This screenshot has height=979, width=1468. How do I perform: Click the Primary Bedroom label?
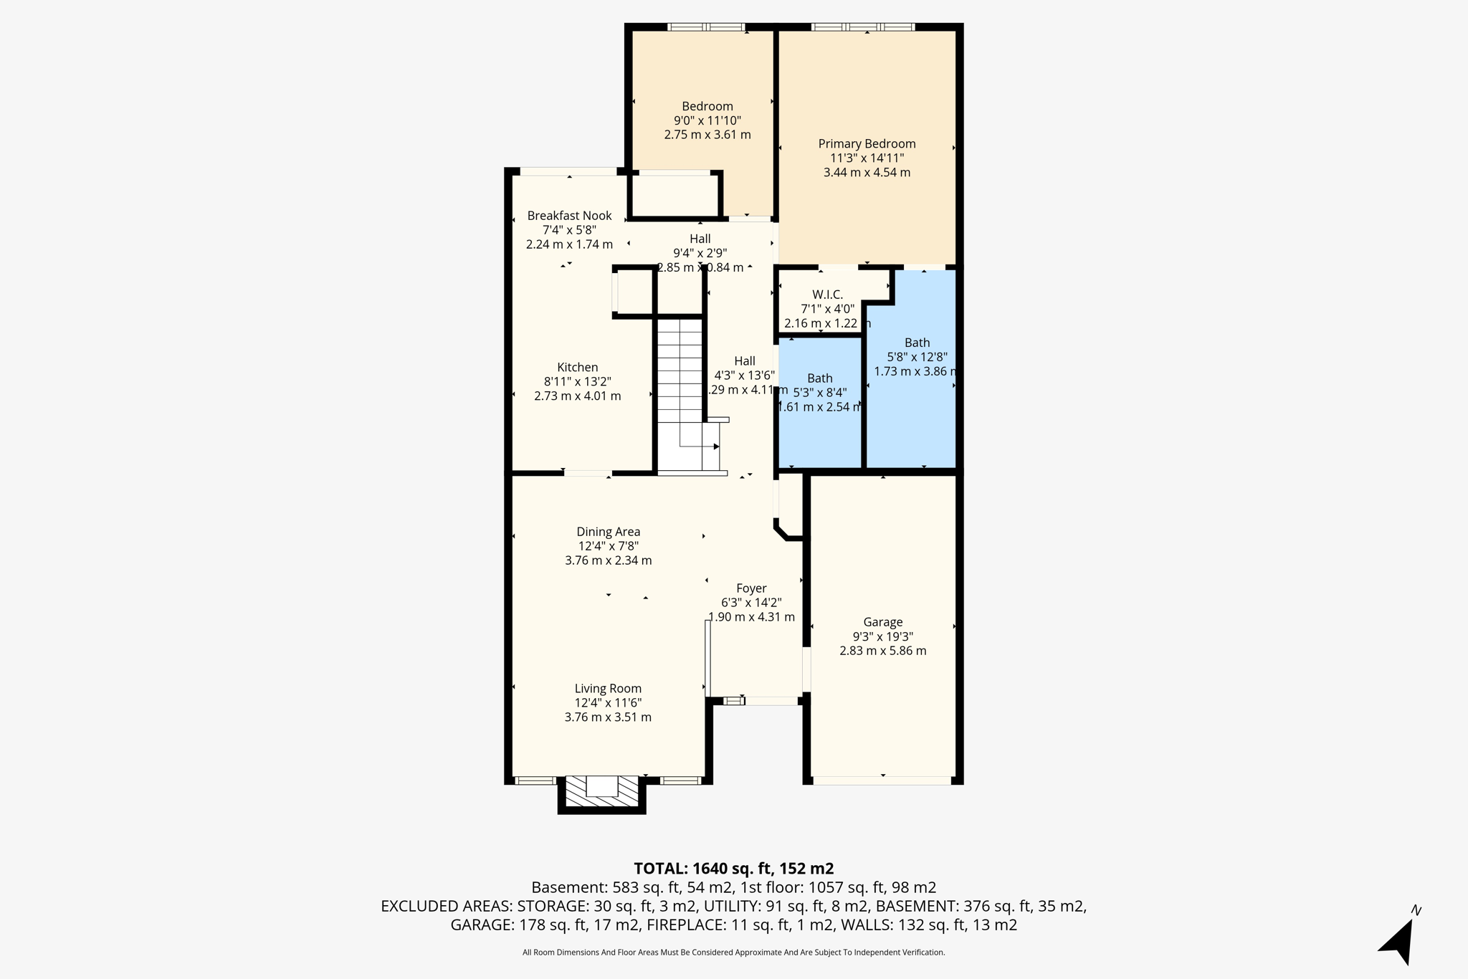867,144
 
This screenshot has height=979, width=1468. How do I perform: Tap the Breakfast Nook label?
569,216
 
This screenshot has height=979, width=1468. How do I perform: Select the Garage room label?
882,622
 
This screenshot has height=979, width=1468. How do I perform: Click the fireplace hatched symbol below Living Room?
602,793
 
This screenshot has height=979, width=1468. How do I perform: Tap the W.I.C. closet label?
827,295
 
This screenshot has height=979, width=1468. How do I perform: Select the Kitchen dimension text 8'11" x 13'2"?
577,382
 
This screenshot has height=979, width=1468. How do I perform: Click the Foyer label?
751,588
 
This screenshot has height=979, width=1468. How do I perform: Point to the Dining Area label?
608,532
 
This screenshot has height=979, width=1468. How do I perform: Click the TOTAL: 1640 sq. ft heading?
733,869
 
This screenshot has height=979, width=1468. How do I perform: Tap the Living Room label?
608,689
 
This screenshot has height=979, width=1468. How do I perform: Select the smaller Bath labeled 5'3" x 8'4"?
819,378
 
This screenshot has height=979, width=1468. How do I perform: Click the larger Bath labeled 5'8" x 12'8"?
917,343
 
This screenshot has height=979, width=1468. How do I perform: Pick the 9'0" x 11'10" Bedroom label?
707,107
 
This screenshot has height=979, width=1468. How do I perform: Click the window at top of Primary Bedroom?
863,27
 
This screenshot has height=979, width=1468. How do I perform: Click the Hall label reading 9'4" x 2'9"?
700,239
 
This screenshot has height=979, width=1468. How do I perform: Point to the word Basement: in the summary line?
569,887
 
